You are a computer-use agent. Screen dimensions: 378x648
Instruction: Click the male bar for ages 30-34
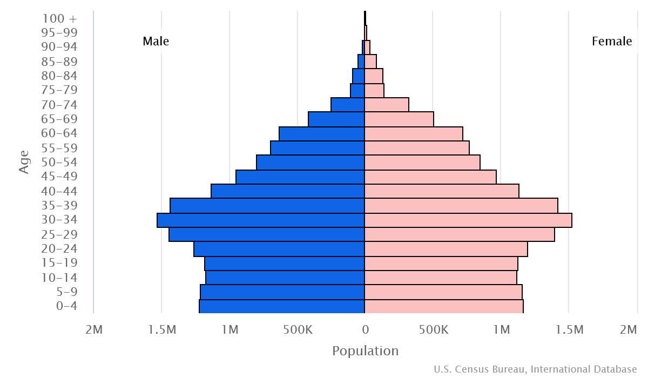pyautogui.click(x=261, y=220)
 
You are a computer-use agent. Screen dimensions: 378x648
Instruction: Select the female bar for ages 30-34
pyautogui.click(x=468, y=220)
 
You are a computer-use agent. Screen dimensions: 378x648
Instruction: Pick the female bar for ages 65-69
pyautogui.click(x=399, y=119)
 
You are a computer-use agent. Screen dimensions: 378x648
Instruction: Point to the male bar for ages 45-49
pyautogui.click(x=300, y=177)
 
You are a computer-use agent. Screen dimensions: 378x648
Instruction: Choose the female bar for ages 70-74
pyautogui.click(x=387, y=105)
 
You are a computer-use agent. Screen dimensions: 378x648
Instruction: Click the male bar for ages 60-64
pyautogui.click(x=322, y=134)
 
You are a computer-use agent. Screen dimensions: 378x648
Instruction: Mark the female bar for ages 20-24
pyautogui.click(x=446, y=249)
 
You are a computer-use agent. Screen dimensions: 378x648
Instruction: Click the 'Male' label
pyautogui.click(x=156, y=42)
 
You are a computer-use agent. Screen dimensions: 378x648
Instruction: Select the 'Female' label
pyautogui.click(x=612, y=42)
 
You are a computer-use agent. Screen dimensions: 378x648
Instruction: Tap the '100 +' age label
pyautogui.click(x=59, y=18)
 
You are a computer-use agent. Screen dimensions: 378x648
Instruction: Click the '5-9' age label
pyautogui.click(x=67, y=292)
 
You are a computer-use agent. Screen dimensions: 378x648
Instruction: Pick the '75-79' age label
pyautogui.click(x=59, y=90)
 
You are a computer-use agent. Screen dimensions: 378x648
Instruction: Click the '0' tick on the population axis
pyautogui.click(x=365, y=329)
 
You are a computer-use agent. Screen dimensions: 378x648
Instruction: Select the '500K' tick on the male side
pyautogui.click(x=298, y=329)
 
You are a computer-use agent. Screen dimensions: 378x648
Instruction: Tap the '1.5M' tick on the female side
pyautogui.click(x=569, y=329)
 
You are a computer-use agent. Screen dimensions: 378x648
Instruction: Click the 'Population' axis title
pyautogui.click(x=365, y=351)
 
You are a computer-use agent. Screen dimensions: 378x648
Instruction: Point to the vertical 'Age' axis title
pyautogui.click(x=24, y=162)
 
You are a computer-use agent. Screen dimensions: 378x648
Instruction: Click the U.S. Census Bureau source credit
pyautogui.click(x=535, y=369)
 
